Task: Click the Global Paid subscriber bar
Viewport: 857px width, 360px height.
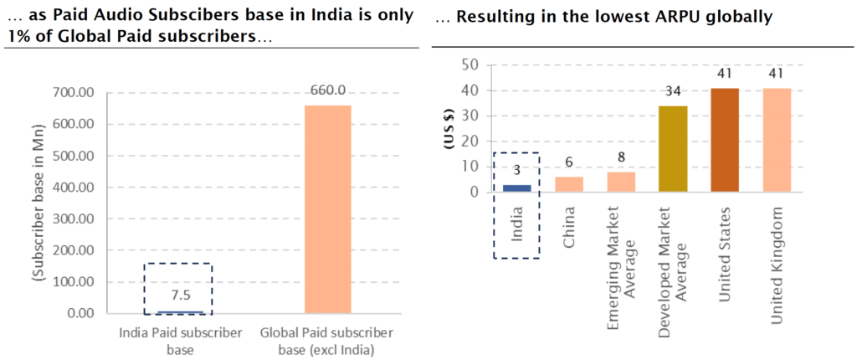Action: (327, 209)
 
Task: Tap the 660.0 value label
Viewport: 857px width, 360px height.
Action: (326, 90)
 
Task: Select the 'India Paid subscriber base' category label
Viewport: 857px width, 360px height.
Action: (181, 340)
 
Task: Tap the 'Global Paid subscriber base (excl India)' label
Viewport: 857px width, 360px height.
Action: (327, 340)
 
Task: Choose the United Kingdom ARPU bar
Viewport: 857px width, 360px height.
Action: (777, 140)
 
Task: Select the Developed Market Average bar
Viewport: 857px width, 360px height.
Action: (673, 149)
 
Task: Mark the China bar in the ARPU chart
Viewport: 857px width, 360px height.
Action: (569, 184)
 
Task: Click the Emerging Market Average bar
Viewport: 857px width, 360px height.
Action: (621, 182)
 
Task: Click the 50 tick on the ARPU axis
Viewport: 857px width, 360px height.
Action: (471, 65)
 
